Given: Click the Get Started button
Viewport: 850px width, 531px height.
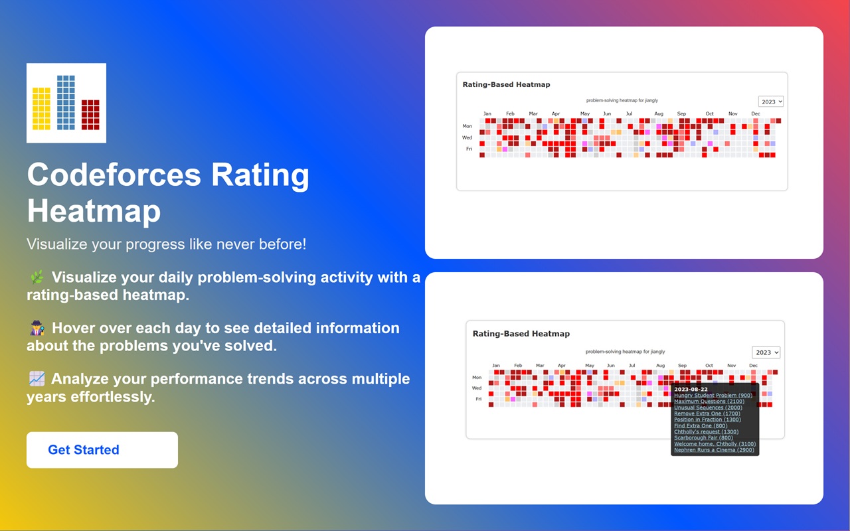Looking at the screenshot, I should coord(102,450).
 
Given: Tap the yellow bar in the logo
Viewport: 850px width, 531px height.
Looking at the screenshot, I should coord(41,109).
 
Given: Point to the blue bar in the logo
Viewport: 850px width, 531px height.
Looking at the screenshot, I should coord(66,102).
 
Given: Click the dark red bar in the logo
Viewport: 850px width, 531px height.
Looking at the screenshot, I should coord(90,115).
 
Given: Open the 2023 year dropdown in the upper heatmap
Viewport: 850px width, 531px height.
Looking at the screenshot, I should coord(771,102).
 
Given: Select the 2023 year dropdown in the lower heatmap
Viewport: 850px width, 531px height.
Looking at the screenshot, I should coord(766,352).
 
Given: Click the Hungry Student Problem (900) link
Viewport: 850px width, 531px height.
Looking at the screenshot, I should coord(713,396).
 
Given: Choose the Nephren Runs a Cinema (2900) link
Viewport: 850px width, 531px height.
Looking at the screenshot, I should coord(714,450).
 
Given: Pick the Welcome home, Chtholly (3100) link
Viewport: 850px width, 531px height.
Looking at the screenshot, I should coord(715,444).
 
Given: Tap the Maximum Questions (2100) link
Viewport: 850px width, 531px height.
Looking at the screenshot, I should coord(709,402).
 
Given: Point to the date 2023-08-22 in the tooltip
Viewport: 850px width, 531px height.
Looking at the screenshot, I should coord(691,390).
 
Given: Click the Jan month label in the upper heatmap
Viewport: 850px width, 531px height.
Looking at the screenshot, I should coord(487,114).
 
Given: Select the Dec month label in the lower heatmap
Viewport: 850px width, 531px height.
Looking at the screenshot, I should coord(753,366).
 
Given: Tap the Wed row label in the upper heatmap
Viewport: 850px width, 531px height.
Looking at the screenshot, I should coord(467,137).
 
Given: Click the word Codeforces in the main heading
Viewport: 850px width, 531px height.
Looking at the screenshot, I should coord(114,175).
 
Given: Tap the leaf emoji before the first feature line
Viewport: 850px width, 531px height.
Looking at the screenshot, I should coord(37,277).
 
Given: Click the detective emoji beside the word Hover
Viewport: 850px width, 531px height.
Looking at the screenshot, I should coord(37,328).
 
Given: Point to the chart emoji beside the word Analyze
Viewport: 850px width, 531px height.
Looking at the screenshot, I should coord(37,379).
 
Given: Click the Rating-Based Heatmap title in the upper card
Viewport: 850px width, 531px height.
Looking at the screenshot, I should coord(506,84).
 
